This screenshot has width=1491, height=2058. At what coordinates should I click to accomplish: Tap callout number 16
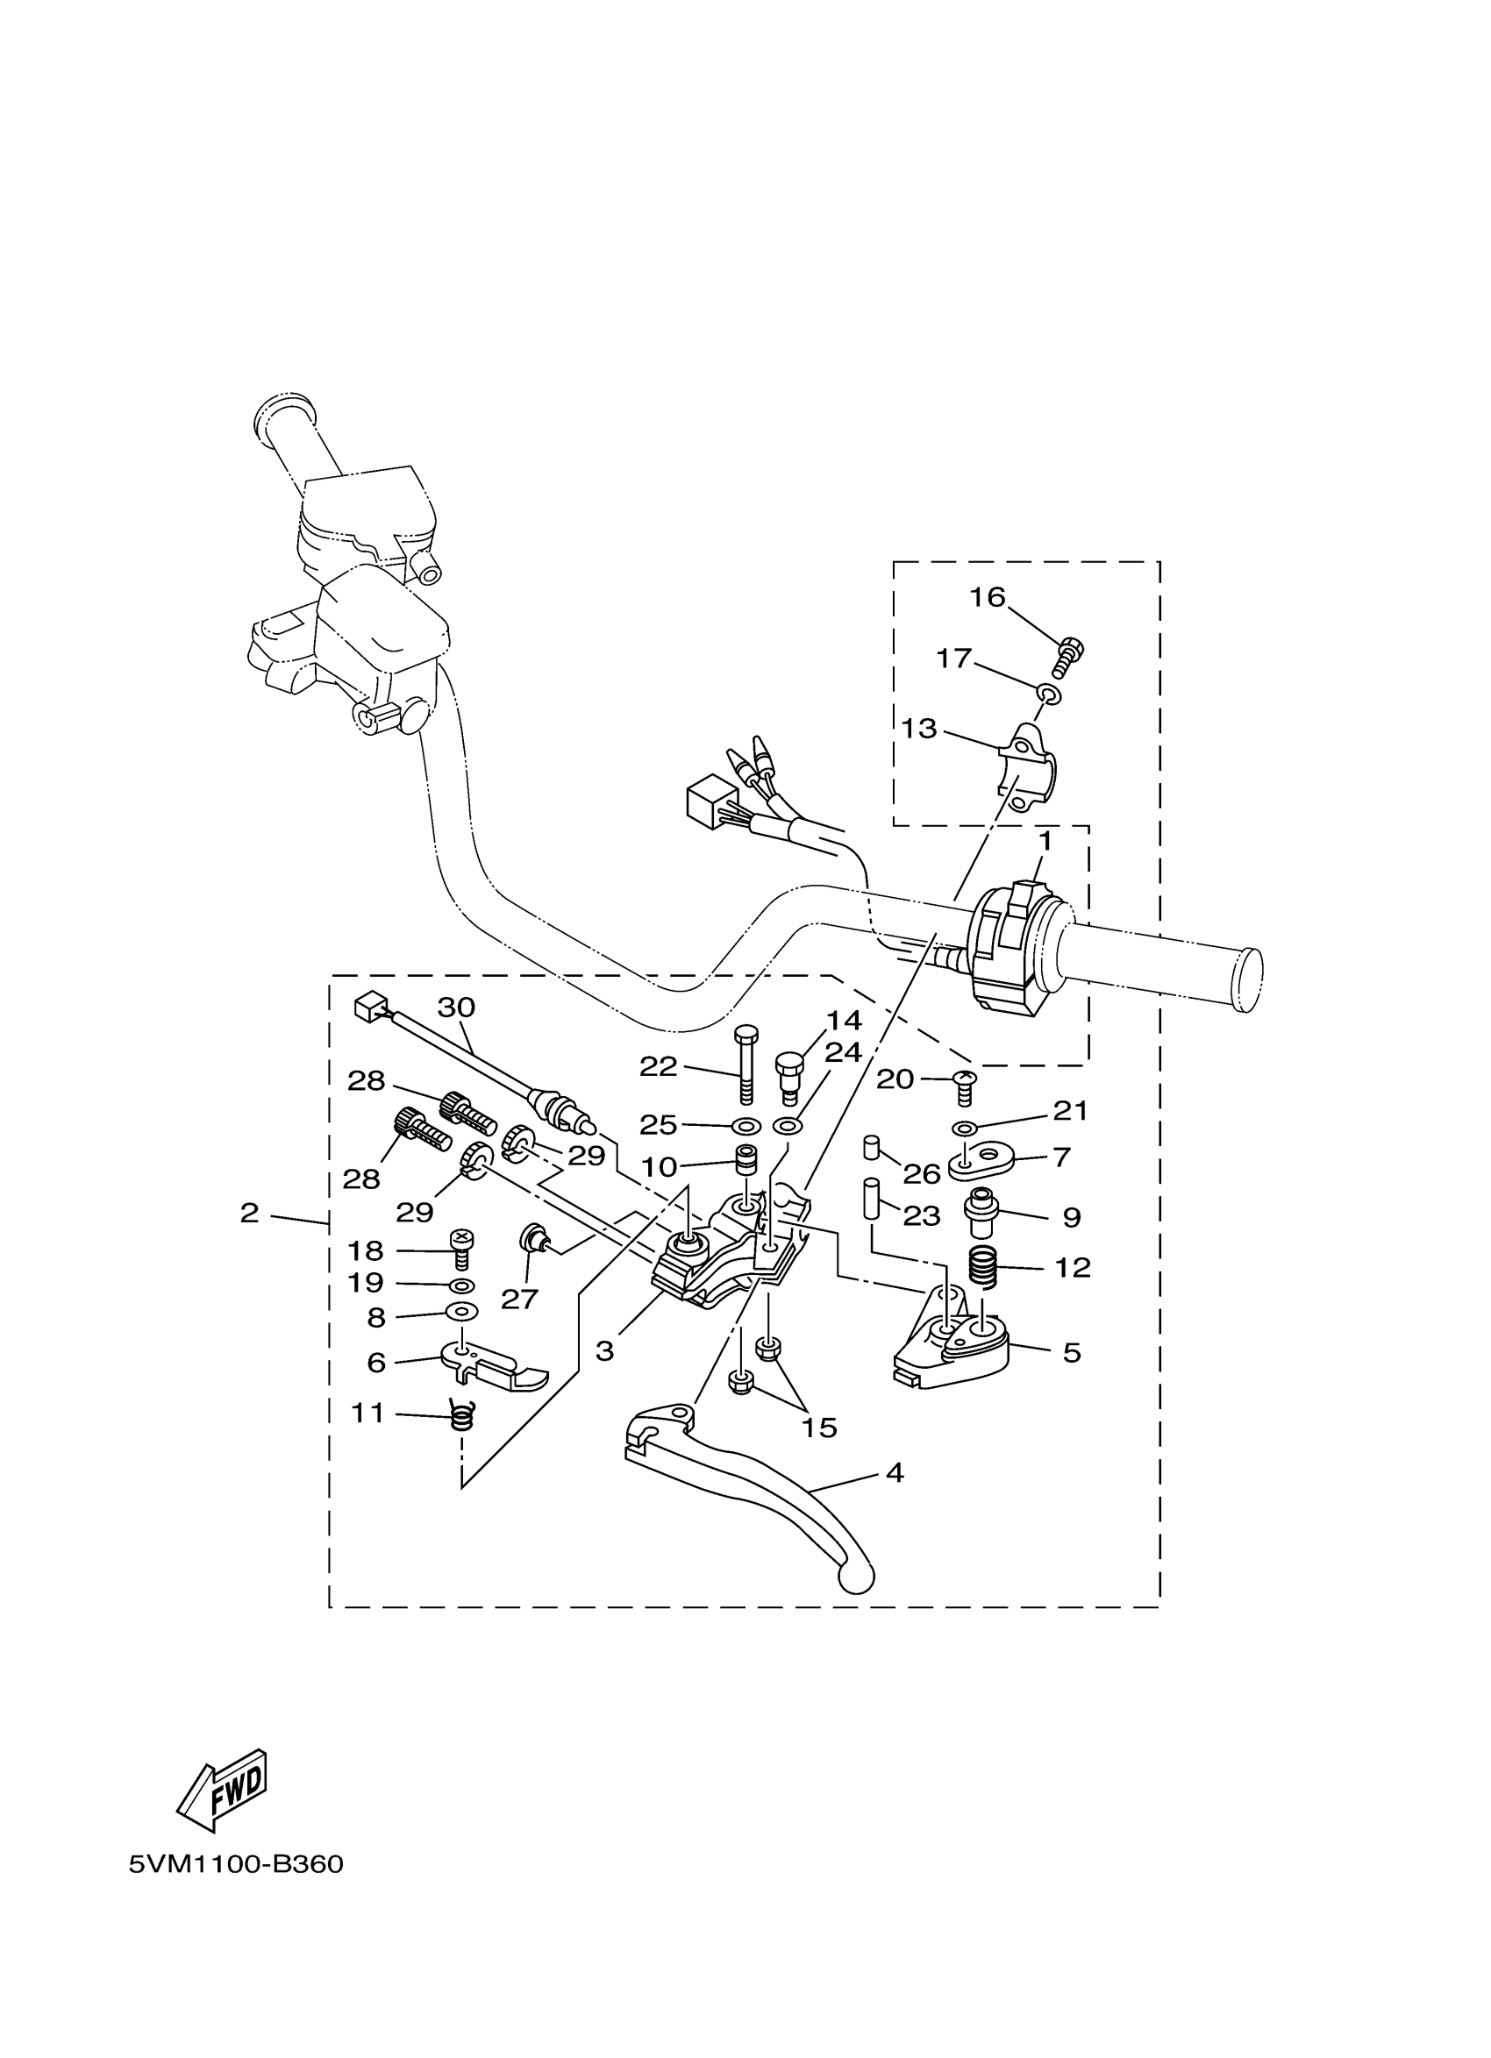(x=988, y=597)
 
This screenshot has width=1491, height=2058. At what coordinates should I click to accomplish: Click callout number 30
(x=456, y=1008)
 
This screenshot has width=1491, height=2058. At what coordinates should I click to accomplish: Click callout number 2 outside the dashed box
(x=250, y=1213)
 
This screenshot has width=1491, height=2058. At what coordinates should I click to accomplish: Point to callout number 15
(x=818, y=1428)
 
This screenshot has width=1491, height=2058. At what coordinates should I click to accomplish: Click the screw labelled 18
(x=462, y=1249)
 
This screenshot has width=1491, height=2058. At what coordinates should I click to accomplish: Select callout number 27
(x=519, y=1300)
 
